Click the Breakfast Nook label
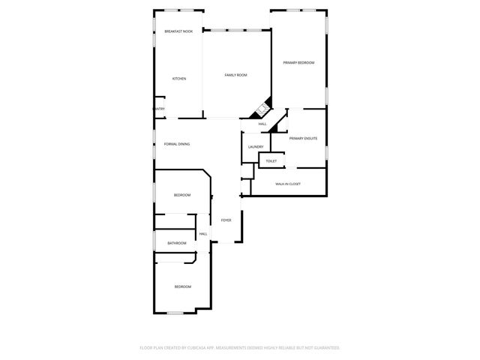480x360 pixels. click(x=178, y=31)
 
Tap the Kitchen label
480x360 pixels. click(x=179, y=79)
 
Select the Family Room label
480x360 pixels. click(x=236, y=75)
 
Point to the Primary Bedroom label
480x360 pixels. click(x=298, y=63)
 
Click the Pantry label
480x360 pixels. click(x=158, y=109)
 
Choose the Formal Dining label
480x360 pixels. click(x=177, y=143)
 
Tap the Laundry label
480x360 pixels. click(x=255, y=146)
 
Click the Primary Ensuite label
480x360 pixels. click(x=304, y=139)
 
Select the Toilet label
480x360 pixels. click(x=271, y=161)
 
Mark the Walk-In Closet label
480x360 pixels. click(x=288, y=184)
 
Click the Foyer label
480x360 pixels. click(x=226, y=220)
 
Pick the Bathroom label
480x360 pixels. click(x=177, y=243)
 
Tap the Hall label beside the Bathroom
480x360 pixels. click(x=203, y=234)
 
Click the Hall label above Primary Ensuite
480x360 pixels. click(x=262, y=124)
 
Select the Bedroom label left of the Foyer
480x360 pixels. click(x=182, y=195)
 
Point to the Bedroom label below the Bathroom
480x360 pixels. click(x=183, y=286)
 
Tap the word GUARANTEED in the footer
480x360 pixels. click(x=324, y=348)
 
